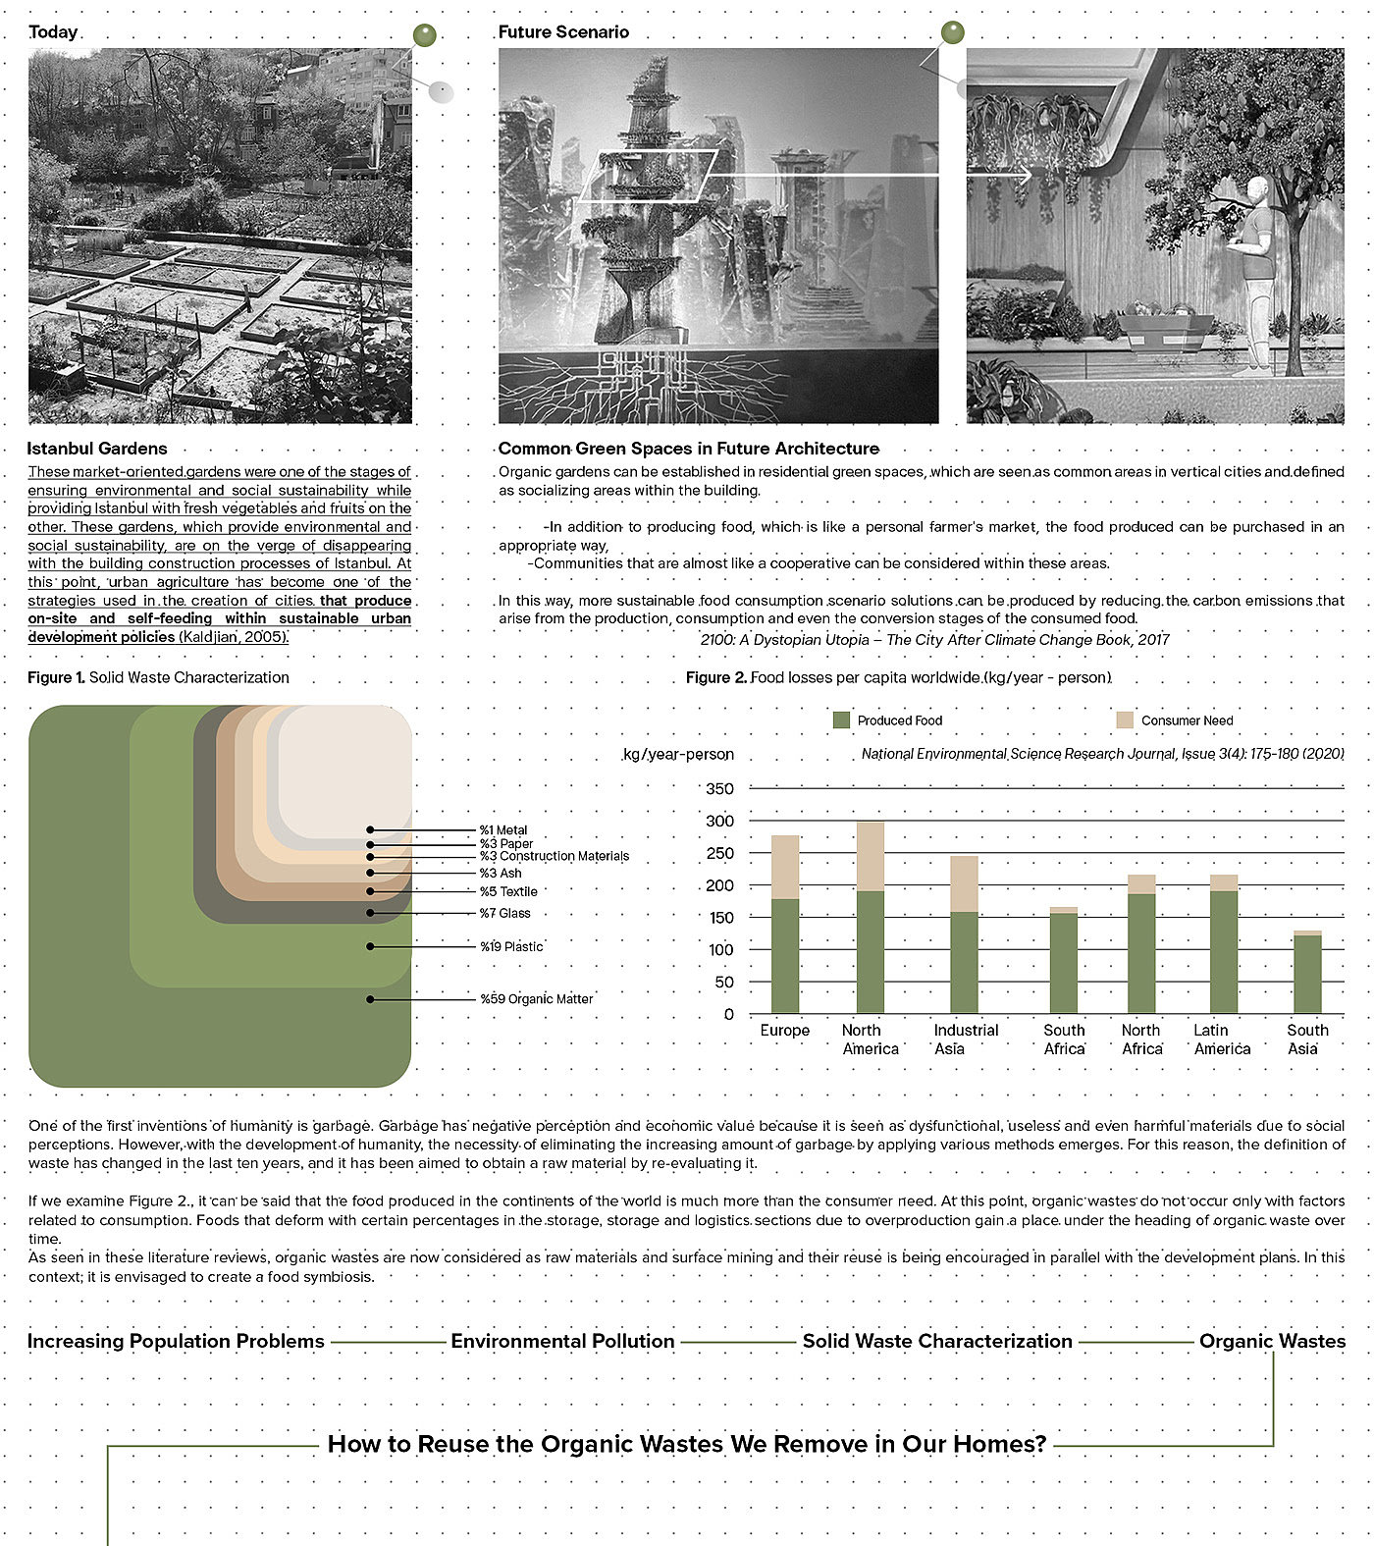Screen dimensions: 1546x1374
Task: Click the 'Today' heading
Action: click(53, 31)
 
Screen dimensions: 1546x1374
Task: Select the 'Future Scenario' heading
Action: click(563, 31)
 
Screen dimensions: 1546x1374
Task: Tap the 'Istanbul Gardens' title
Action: click(97, 449)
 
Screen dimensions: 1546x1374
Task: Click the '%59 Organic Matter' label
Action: click(536, 999)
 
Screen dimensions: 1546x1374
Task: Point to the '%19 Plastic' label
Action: click(510, 946)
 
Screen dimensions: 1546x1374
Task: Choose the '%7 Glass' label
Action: click(504, 913)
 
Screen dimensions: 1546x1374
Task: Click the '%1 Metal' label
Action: click(502, 830)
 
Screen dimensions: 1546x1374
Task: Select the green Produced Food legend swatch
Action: click(841, 720)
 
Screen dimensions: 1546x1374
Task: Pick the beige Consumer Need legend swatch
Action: click(1125, 720)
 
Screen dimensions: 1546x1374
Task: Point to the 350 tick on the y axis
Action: click(719, 789)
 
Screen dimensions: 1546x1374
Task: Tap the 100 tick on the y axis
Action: click(719, 950)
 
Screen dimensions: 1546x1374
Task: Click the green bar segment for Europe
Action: click(785, 956)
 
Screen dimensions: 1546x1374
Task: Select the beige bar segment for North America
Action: click(871, 856)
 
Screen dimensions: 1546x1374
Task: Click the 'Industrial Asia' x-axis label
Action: click(966, 1040)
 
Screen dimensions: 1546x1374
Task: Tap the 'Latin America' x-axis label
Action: click(1222, 1040)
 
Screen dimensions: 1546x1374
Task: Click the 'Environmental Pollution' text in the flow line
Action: click(562, 1341)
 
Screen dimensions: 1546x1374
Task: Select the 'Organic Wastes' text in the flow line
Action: click(1272, 1341)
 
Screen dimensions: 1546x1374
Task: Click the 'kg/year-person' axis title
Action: click(678, 754)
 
